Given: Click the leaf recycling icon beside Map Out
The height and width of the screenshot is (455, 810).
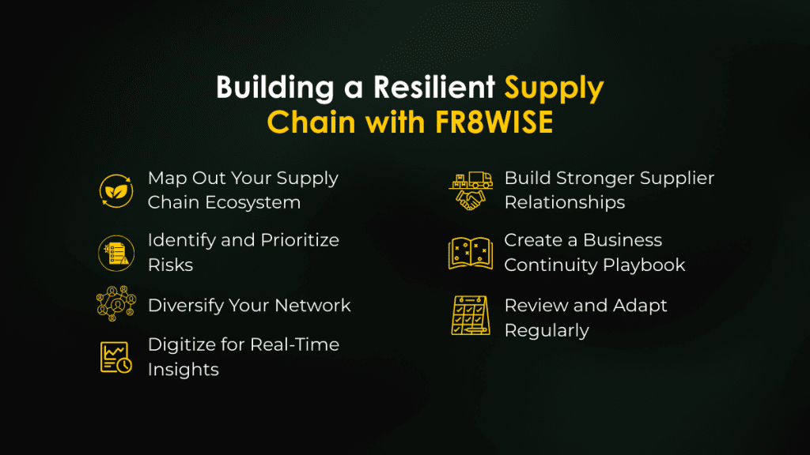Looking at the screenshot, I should point(115,190).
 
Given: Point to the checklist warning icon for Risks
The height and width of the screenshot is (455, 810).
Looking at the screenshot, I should point(115,253).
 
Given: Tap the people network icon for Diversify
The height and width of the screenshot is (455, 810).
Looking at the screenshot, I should point(115,305).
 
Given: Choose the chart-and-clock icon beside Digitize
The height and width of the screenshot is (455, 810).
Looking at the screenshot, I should point(115,357).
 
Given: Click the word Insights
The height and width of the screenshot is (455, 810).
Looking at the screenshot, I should point(183,369).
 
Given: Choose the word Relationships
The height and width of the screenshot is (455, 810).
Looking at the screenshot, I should point(565,202).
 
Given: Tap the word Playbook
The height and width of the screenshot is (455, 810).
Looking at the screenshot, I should point(641,265).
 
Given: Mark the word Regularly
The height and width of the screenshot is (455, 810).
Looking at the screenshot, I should point(547,329).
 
